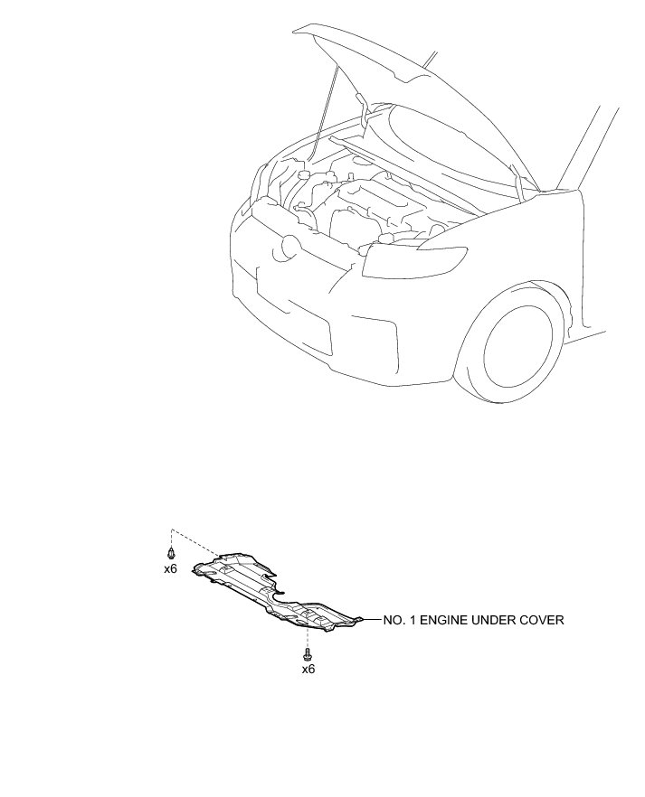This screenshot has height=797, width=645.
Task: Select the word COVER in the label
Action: pos(540,620)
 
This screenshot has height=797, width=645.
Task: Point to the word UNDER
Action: pos(494,620)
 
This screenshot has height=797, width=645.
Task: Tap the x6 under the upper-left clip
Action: pos(170,569)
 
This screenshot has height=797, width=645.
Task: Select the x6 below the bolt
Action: pos(308,670)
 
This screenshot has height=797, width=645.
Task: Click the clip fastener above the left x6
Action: pos(170,552)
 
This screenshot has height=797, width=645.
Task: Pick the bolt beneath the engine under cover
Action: pos(308,652)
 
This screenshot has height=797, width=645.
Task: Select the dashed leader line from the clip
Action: pos(194,541)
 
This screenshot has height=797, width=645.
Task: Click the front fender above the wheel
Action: pos(552,244)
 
